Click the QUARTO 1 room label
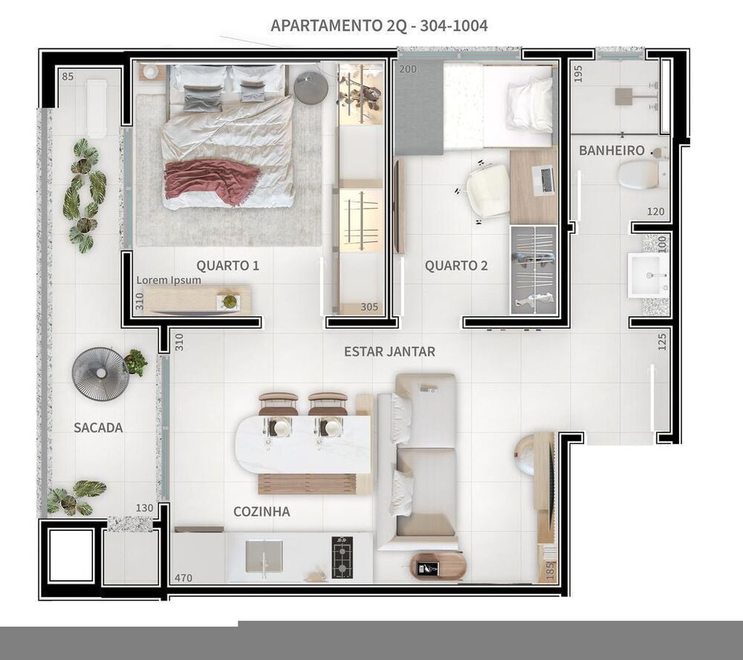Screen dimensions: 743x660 point(227,266)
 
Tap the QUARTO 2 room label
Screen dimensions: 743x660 point(456,266)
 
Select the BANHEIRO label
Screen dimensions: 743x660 point(611,151)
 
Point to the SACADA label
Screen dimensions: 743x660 point(98,428)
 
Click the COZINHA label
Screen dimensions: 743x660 point(262,512)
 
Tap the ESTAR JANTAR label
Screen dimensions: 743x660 point(389,352)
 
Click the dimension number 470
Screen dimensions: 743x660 point(184,578)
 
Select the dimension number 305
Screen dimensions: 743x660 point(369,307)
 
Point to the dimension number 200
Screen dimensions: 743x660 point(407,69)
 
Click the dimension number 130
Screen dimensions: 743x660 point(145,508)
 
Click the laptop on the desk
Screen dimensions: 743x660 point(544,180)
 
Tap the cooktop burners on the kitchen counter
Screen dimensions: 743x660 point(342,558)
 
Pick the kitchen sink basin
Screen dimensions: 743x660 point(264,556)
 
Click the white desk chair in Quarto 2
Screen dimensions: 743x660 point(488,190)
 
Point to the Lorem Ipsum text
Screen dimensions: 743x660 point(169,280)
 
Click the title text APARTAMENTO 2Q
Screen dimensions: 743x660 point(339,25)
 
